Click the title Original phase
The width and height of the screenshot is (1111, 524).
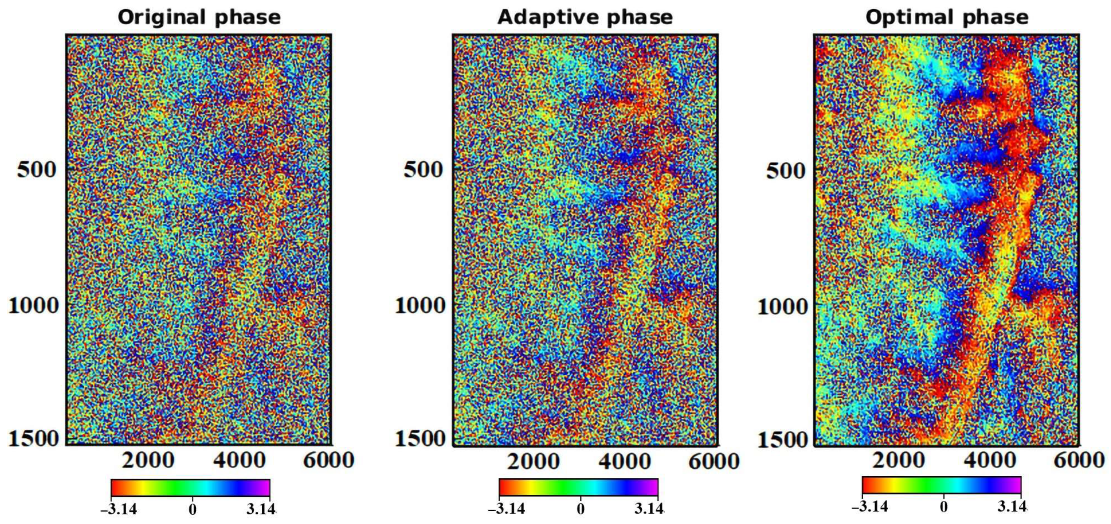pos(199,18)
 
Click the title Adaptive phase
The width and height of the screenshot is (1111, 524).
pos(585,18)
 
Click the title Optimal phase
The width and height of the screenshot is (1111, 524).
pos(947,18)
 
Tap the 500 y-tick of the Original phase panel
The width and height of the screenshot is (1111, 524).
pos(36,169)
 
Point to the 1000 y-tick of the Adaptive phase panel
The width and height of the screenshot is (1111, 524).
pos(420,305)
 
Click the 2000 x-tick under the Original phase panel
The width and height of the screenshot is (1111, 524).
pos(148,460)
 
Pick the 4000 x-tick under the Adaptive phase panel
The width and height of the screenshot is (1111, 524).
pos(624,461)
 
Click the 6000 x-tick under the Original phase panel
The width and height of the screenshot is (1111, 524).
pos(328,460)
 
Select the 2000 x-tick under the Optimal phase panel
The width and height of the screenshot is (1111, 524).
pos(898,460)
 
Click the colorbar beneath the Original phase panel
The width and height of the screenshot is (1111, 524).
pos(190,487)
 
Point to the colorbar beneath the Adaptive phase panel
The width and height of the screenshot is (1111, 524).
pos(578,487)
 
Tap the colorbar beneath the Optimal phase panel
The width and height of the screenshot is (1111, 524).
pos(941,485)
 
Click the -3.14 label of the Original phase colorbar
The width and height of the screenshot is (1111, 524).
pos(119,509)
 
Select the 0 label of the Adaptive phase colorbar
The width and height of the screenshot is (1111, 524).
pos(580,509)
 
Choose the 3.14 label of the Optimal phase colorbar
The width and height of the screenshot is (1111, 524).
pos(1012,506)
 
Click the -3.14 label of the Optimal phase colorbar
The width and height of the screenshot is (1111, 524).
pos(870,506)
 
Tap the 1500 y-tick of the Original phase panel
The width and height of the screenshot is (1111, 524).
pos(33,439)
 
